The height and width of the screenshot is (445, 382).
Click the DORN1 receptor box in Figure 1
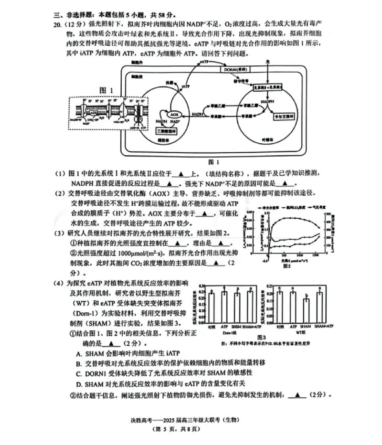239,70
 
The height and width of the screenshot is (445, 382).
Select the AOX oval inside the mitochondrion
174,115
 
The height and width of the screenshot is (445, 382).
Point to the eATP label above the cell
204,62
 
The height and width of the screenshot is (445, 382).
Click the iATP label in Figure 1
186,87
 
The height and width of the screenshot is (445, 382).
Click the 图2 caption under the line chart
287,266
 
